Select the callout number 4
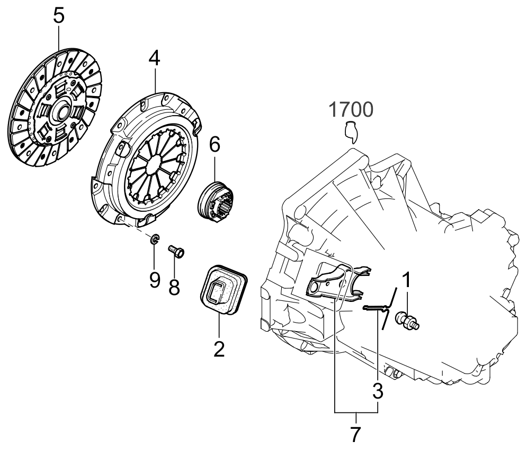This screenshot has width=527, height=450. (x=154, y=59)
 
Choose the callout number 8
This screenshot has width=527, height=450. (x=174, y=287)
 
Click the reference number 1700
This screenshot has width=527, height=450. (x=351, y=110)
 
